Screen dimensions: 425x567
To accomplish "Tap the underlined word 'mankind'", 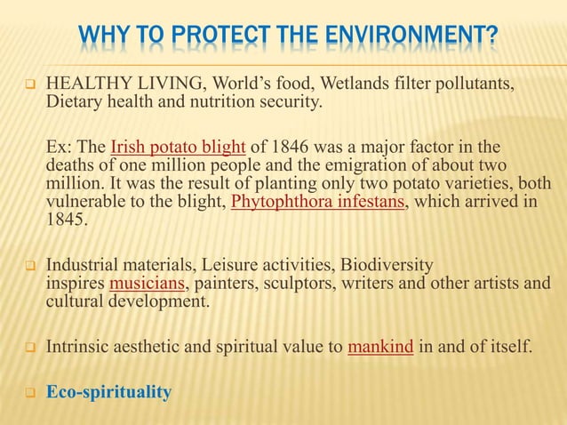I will click(379, 346).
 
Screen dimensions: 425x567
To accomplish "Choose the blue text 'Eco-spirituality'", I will click(108, 391).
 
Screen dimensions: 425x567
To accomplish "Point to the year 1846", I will click(281, 147).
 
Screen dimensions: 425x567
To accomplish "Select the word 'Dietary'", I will click(75, 103).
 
